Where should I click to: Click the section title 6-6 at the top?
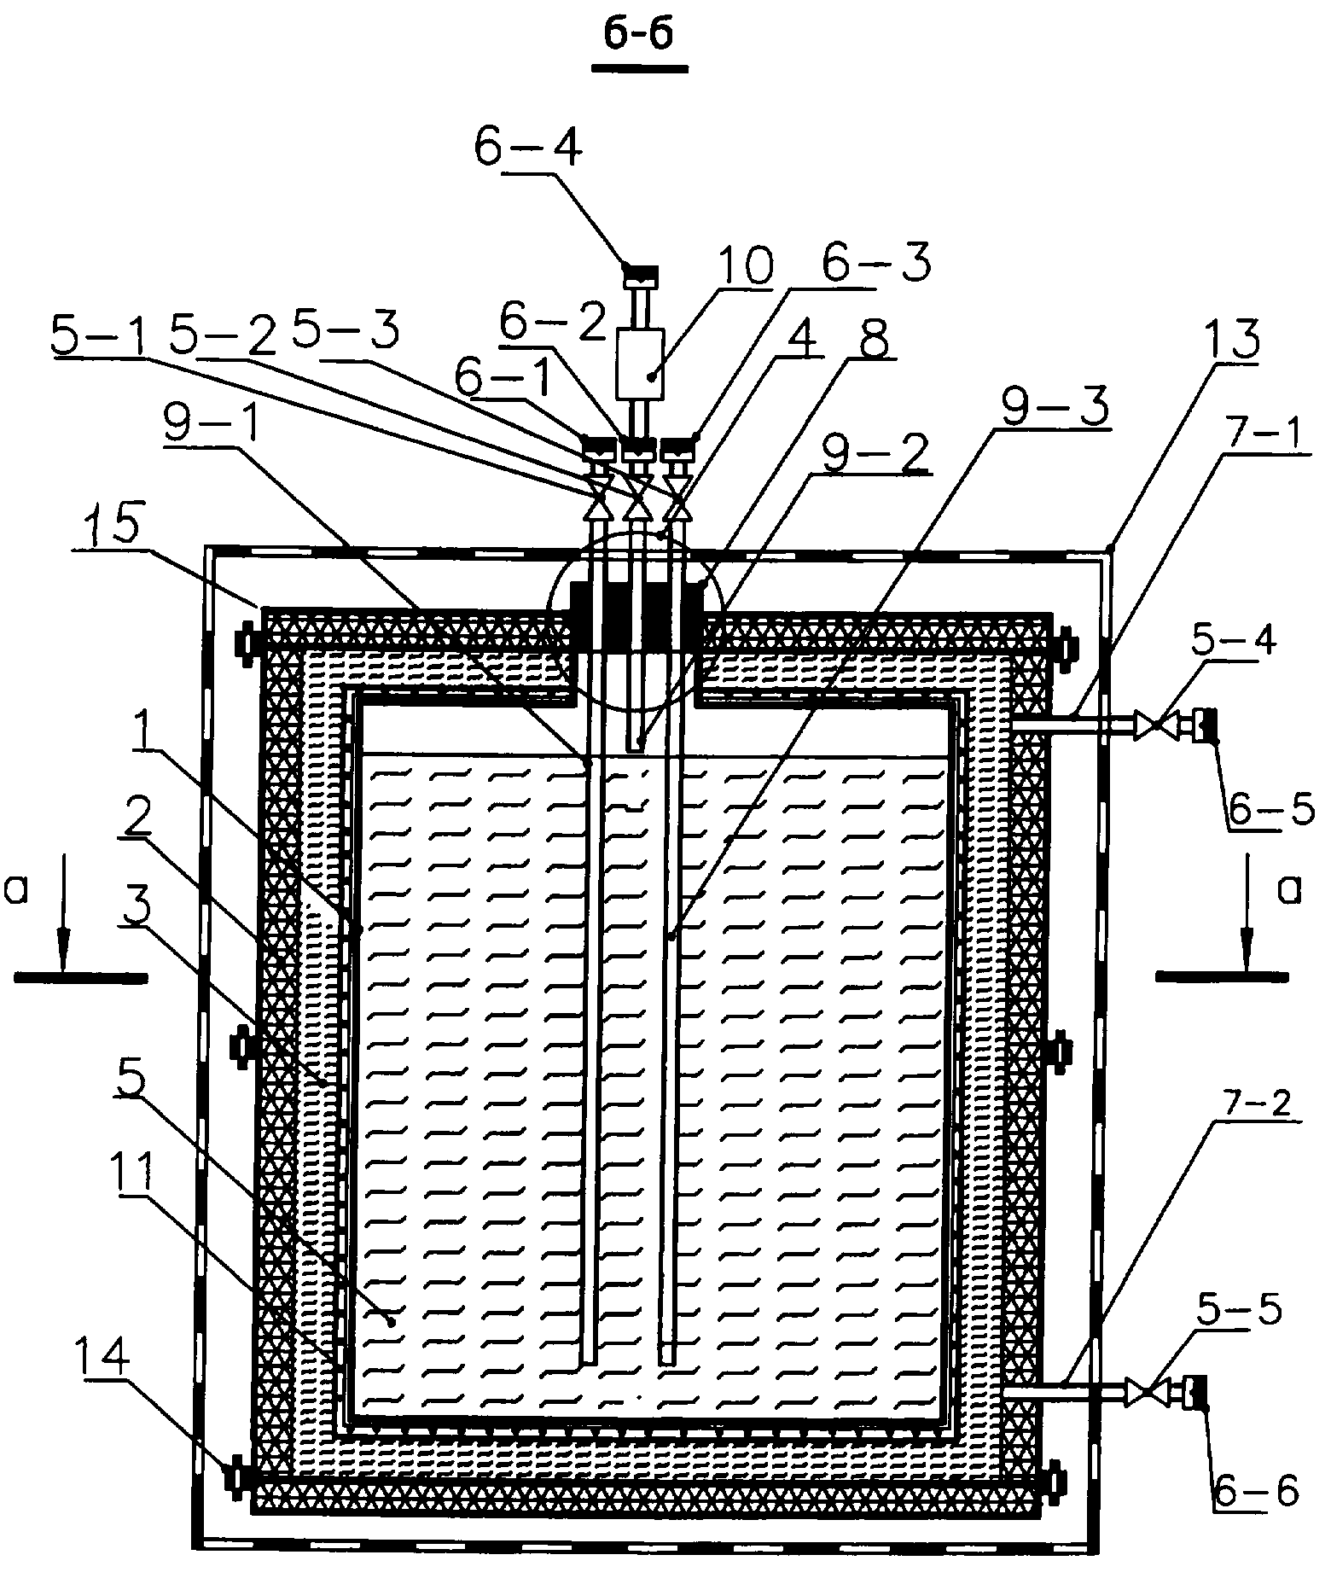pyautogui.click(x=640, y=38)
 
